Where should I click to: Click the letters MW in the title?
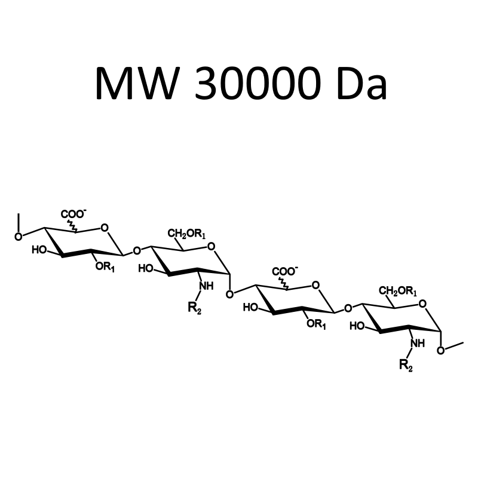point(137,83)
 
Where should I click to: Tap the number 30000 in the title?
point(258,83)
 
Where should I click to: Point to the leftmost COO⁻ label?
point(73,214)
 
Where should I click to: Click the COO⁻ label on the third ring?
point(285,271)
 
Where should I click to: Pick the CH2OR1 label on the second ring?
point(186,234)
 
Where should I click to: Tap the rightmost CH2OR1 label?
point(398,291)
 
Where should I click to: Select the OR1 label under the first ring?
point(105,266)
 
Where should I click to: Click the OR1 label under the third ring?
point(316,324)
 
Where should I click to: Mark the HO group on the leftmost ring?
point(39,250)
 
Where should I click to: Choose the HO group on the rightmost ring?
point(357,326)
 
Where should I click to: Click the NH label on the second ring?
point(206,286)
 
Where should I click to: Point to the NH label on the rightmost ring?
point(418,343)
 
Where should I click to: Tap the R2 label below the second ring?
point(195,308)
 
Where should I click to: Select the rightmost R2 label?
point(406,365)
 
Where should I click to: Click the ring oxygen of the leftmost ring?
point(105,228)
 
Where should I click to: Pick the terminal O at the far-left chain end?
point(19,237)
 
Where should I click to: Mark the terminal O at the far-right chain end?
point(440,351)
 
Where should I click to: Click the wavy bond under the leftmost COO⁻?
point(73,226)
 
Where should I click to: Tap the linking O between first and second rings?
point(137,251)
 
